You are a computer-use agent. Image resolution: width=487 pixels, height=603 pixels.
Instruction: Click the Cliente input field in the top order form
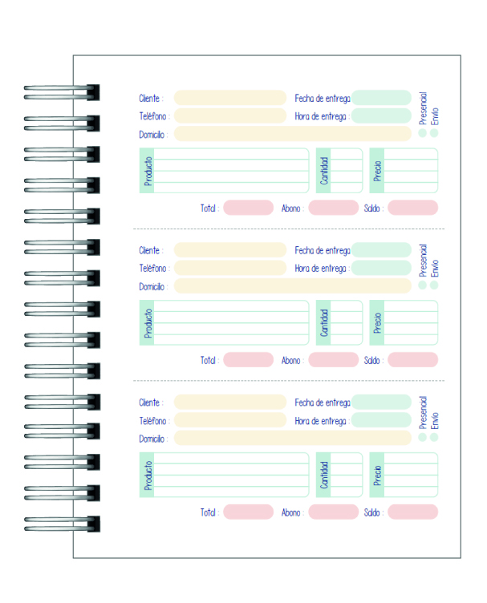[x=229, y=98]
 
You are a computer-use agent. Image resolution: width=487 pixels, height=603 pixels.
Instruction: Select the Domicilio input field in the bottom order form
[x=292, y=438]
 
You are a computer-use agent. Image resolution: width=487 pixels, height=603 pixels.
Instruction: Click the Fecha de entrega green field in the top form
[x=381, y=98]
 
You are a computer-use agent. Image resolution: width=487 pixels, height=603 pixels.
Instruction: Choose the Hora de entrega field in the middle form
[x=381, y=268]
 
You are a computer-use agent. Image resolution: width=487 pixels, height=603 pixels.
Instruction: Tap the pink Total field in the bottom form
[x=248, y=512]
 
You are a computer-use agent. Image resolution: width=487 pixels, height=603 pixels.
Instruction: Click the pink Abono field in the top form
[x=333, y=208]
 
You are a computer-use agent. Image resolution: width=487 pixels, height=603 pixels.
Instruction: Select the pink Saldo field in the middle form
[x=412, y=360]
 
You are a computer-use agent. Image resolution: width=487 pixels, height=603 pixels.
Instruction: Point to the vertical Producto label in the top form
[x=148, y=171]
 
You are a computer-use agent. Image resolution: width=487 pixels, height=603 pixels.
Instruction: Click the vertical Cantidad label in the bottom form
[x=324, y=475]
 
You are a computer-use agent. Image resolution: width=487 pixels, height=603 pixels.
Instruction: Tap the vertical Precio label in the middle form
[x=377, y=322]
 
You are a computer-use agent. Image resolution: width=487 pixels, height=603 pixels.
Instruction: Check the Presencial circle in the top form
[x=423, y=133]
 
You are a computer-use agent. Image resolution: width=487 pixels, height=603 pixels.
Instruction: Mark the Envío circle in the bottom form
[x=434, y=437]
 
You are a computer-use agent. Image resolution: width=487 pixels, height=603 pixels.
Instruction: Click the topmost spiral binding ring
[x=63, y=92]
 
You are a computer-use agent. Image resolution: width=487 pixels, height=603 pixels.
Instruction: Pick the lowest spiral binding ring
[x=63, y=524]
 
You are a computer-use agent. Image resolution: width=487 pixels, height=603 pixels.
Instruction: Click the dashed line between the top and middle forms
[x=289, y=229]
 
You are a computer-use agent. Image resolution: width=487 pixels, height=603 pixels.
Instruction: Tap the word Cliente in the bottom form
[x=150, y=403]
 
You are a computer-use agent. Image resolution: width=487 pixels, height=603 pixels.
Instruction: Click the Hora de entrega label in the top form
[x=320, y=116]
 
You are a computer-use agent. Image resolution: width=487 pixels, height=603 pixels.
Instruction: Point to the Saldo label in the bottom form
[x=373, y=512]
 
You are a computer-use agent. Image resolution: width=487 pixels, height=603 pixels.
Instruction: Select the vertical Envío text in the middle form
[x=435, y=268]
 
